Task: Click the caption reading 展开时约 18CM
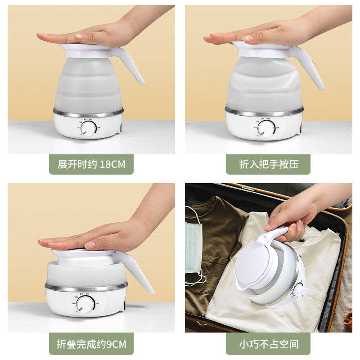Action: pyautogui.click(x=91, y=164)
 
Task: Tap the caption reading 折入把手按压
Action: pyautogui.click(x=268, y=164)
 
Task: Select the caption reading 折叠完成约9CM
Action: pyautogui.click(x=91, y=345)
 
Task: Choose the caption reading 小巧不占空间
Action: pyautogui.click(x=268, y=345)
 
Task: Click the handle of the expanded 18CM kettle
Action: pyautogui.click(x=134, y=67)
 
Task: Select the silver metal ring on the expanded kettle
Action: pyautogui.click(x=88, y=112)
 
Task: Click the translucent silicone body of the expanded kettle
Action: pyautogui.click(x=88, y=85)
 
